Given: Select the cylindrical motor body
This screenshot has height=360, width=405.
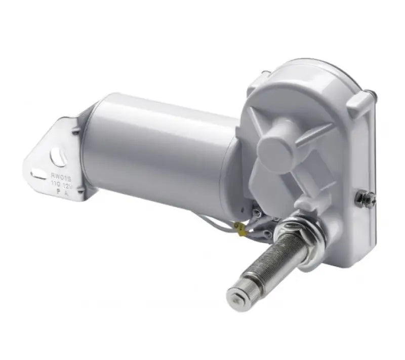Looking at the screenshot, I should (157, 147).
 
